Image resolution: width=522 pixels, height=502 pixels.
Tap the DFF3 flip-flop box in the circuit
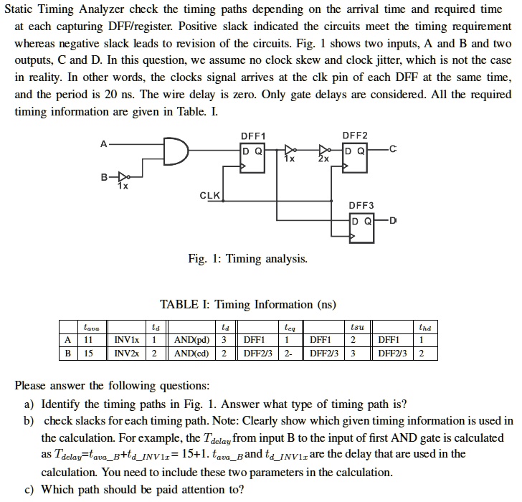[363, 229]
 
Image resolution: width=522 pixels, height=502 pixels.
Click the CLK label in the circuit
[210, 195]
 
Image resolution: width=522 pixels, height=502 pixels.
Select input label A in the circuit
[103, 143]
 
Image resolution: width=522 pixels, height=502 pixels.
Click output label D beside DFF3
[394, 219]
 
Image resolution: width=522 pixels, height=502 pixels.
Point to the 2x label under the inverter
[324, 159]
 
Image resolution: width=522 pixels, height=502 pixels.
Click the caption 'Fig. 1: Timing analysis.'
[248, 259]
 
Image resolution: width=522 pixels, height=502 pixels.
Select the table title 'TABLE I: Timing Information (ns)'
[248, 304]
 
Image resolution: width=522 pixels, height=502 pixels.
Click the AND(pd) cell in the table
[192, 339]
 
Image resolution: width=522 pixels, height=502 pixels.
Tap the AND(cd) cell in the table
[191, 352]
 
